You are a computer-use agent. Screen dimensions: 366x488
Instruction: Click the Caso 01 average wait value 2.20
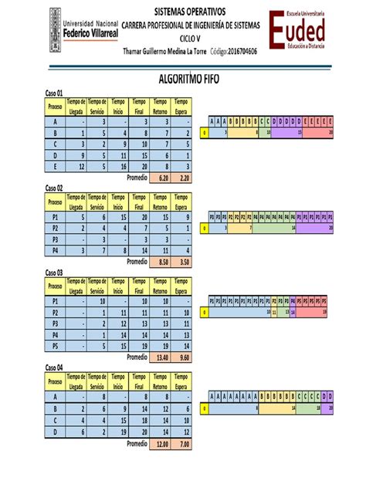[182, 177]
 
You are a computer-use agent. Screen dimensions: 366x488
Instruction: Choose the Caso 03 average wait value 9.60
[182, 358]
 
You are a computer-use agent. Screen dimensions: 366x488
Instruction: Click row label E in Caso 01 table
[55, 166]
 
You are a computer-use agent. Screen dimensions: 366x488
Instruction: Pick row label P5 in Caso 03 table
[55, 347]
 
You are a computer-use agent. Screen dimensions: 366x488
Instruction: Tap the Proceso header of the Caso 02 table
[55, 202]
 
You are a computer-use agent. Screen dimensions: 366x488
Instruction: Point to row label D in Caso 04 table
[55, 432]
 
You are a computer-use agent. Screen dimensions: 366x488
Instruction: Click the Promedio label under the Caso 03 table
[137, 358]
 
